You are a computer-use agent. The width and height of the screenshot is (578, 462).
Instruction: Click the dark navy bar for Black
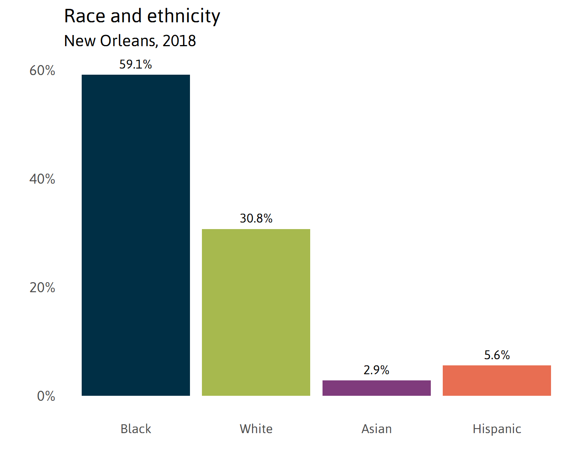[x=136, y=235]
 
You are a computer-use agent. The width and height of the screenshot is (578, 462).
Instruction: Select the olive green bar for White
[x=256, y=312]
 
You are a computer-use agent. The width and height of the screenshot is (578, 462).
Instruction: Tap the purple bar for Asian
[x=376, y=388]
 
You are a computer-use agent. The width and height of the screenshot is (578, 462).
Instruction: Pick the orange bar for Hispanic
[x=497, y=380]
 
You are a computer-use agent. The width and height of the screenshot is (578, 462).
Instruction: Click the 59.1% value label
[x=136, y=64]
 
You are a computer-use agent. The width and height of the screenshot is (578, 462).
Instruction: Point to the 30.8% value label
[x=256, y=219]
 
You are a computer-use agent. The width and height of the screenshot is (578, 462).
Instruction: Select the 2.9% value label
[x=376, y=370]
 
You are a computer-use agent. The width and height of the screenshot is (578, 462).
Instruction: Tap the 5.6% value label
[x=497, y=355]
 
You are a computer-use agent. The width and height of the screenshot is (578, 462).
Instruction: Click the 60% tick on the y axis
[x=42, y=70]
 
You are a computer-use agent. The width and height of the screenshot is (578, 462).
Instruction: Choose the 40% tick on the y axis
[x=42, y=179]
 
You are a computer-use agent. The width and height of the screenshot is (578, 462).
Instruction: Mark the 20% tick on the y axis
[x=42, y=288]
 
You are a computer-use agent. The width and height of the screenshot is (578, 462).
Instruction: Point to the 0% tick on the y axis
[x=46, y=396]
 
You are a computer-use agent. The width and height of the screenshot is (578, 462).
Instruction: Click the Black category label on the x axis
[x=136, y=429]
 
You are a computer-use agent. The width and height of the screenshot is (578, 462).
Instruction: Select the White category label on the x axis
[x=256, y=429]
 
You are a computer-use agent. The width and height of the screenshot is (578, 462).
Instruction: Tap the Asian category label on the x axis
[x=376, y=429]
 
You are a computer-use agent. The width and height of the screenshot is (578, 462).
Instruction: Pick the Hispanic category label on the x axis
[x=497, y=429]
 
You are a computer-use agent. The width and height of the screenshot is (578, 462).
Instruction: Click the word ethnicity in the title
[x=183, y=17]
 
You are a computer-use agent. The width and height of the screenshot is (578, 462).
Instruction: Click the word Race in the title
[x=85, y=17]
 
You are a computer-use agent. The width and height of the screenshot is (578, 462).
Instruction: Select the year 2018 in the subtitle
[x=179, y=41]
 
